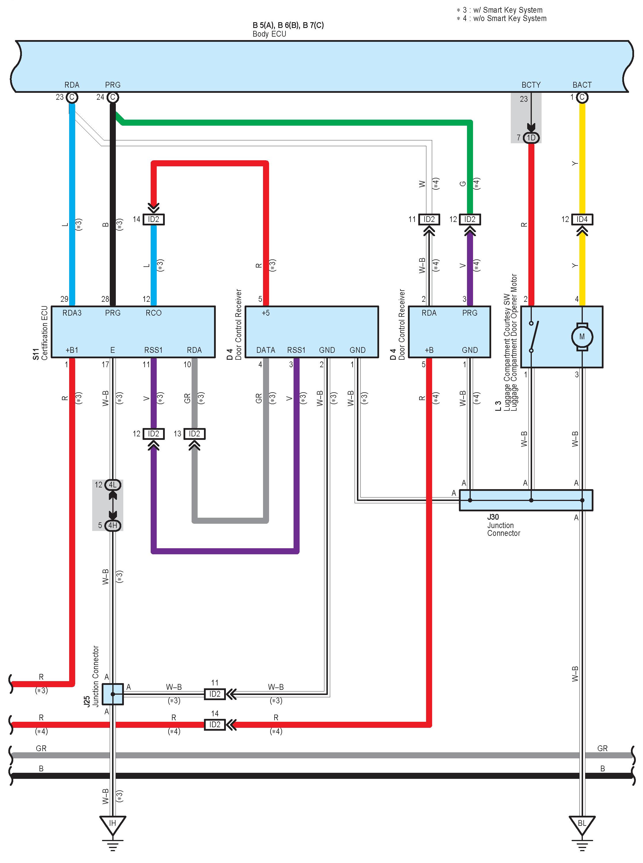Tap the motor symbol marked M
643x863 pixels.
click(582, 336)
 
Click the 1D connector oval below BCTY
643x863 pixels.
click(531, 137)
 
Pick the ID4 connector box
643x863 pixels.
click(582, 219)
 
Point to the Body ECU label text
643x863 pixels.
click(269, 34)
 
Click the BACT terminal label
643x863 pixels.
click(582, 85)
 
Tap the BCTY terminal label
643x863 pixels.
click(531, 85)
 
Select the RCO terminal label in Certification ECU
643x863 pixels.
click(153, 313)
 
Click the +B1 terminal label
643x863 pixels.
click(72, 350)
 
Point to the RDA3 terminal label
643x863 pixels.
click(72, 313)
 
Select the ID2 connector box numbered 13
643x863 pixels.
click(194, 434)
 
